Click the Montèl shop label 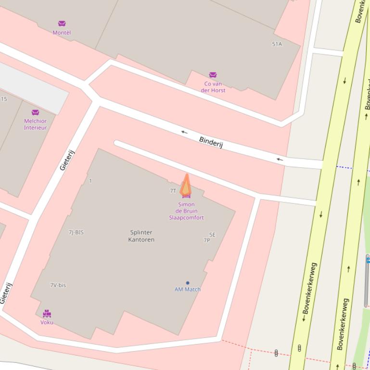tap(62, 33)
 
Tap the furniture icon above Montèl tap(62, 24)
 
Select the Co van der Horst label tap(213, 87)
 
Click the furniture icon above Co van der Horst tap(213, 75)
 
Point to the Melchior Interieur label tap(36, 124)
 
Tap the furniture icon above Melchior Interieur tap(35, 112)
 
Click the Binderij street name tap(211, 142)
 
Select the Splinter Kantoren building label tap(141, 236)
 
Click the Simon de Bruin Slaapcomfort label tap(186, 211)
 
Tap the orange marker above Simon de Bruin tap(186, 185)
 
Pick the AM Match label tap(188, 289)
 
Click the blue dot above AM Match tap(188, 283)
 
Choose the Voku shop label tap(47, 322)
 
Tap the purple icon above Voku tap(47, 314)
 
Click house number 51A tap(277, 44)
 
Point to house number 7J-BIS tap(76, 233)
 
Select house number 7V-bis tap(58, 285)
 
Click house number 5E tap(212, 235)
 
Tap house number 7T tap(173, 191)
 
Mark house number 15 tap(4, 99)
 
